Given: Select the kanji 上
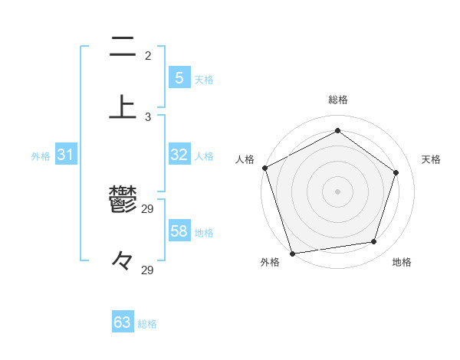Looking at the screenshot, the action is point(123,106).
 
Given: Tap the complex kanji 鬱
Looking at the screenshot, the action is point(123,201).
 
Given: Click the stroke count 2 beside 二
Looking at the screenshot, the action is point(148,56).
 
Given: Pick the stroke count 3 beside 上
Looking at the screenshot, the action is point(148,116).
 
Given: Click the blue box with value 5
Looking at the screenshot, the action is point(179,77).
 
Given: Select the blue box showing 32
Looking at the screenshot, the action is point(179,155).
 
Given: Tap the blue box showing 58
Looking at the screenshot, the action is point(179,231).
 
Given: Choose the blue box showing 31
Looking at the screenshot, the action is point(65,155).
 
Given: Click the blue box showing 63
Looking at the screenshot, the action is point(123,322).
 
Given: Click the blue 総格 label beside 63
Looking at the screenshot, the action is point(147,324).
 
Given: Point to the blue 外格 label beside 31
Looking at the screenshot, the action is point(41,156).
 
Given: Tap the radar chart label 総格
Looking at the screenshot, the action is point(337,100).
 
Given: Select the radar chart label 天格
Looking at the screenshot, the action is point(431,159).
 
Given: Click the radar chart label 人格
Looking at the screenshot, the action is point(245,159).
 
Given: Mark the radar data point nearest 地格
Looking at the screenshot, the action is point(374,242).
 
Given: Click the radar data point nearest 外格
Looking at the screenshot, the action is point(292,253).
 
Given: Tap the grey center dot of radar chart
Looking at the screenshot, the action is point(337,191).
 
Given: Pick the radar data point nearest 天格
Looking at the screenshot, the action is point(396,172).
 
